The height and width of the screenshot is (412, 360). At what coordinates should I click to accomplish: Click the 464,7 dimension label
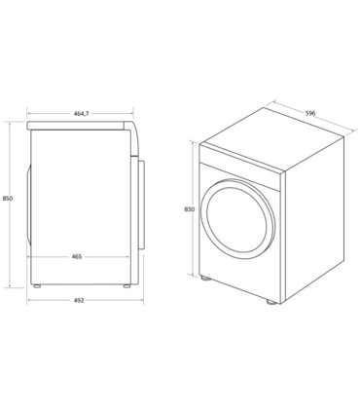tap(81, 113)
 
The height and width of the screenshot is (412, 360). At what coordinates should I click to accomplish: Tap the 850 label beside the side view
tap(8, 198)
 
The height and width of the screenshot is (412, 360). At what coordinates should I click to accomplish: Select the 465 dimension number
tap(77, 256)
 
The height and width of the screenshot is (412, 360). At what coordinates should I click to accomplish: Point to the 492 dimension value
tap(79, 300)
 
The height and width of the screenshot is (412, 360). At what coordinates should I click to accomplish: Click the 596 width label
tap(310, 113)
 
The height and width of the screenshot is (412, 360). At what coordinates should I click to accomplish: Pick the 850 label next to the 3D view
tap(190, 209)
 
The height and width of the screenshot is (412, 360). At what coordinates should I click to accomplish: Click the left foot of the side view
tap(37, 286)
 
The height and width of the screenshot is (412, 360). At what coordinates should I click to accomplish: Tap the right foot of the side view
tap(126, 286)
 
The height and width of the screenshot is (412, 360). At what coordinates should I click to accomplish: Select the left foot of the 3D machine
tap(205, 279)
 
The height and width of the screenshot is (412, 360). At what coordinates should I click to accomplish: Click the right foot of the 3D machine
tap(270, 302)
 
